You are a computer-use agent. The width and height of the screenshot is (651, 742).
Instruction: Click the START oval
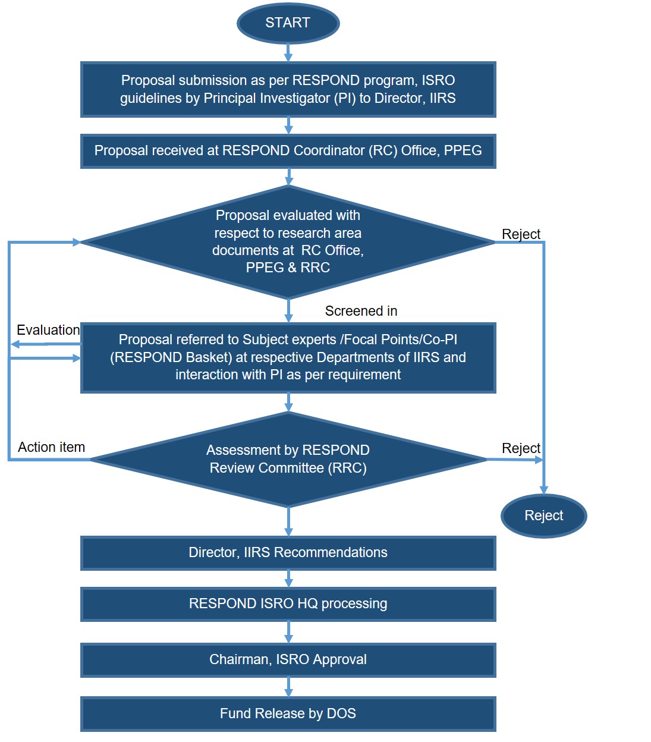288,23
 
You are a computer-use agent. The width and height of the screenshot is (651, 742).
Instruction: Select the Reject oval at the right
543,515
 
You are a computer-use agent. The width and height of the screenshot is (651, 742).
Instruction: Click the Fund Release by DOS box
288,713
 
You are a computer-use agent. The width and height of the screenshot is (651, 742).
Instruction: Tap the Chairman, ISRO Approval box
288,659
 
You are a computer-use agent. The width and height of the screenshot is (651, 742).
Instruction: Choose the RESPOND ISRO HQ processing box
288,603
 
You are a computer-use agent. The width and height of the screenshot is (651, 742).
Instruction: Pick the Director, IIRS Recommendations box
288,552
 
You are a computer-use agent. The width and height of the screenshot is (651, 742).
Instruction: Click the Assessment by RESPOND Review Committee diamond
288,459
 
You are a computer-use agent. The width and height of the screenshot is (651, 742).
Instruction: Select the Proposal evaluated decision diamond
288,242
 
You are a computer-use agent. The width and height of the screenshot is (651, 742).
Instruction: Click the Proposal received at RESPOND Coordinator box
288,151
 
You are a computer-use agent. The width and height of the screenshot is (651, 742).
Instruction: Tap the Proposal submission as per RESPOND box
288,89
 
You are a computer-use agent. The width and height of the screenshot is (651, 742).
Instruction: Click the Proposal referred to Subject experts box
288,357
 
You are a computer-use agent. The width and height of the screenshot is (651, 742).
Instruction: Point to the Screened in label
361,311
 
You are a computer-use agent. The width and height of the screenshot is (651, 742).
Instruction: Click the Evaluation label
48,330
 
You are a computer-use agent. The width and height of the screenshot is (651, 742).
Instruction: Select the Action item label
51,447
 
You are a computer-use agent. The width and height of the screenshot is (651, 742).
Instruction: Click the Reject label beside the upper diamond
521,234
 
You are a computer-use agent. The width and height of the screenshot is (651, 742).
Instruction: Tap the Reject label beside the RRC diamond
521,448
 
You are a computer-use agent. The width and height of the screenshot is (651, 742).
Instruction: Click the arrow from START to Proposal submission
288,52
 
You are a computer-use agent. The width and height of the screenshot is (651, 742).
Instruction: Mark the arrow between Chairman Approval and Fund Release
288,687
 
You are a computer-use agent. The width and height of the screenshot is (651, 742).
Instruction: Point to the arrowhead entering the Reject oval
543,489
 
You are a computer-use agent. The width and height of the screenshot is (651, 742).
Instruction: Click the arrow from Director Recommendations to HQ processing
288,578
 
